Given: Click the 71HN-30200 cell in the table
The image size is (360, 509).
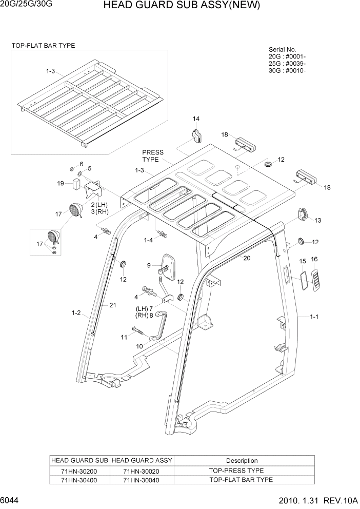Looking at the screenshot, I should point(79,471).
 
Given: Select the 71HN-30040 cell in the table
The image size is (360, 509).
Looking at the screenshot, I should point(142,480).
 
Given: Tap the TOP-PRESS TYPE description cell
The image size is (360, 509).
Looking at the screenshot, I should point(236,471).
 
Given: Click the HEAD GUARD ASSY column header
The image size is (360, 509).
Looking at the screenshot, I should point(142,461).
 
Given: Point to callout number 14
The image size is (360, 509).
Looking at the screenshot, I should point(196,119).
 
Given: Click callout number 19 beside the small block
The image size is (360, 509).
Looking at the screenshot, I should point(61,183).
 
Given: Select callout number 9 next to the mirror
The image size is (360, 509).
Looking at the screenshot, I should point(149,265).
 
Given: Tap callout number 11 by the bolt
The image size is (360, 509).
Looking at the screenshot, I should point(124,337).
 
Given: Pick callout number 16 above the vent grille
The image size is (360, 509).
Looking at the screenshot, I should point(314,259).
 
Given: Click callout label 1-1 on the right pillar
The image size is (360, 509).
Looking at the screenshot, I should point(314,317).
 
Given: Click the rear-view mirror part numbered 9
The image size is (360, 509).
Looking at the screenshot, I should point(168,263).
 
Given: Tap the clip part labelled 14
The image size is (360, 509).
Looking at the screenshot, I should point(196,136).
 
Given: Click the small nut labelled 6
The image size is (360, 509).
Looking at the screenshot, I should point(72,170).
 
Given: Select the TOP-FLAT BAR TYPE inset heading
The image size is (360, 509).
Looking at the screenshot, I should point(43,46).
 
